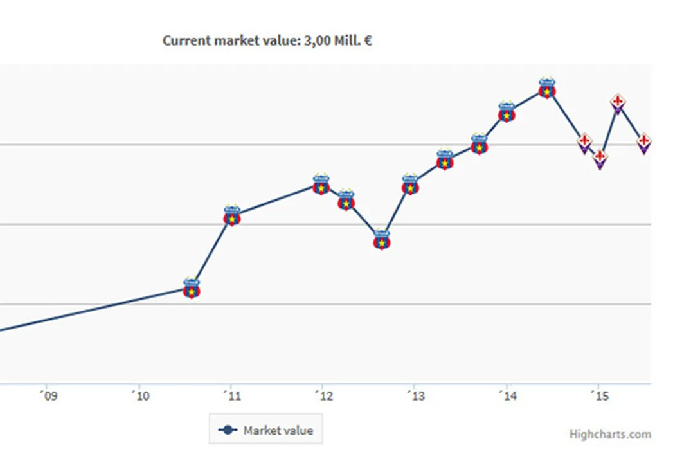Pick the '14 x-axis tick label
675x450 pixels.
point(507,395)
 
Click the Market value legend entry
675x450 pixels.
point(266,430)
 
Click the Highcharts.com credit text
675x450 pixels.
point(609,435)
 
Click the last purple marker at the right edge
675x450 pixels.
point(644,144)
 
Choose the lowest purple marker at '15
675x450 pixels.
point(600,159)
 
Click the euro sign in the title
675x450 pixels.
point(368,41)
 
